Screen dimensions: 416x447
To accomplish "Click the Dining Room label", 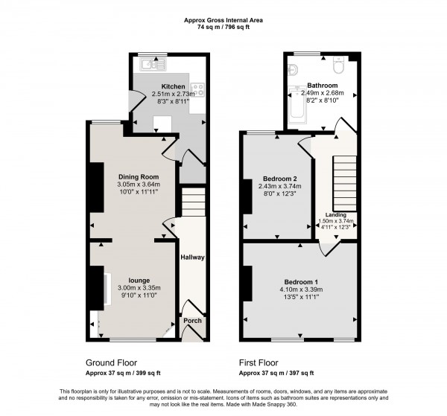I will coord(138,176).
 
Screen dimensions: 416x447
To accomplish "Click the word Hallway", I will coord(192,257).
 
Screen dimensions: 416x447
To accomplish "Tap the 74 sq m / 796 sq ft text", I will coord(223,26).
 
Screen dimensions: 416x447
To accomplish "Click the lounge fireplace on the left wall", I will coord(98,287).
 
